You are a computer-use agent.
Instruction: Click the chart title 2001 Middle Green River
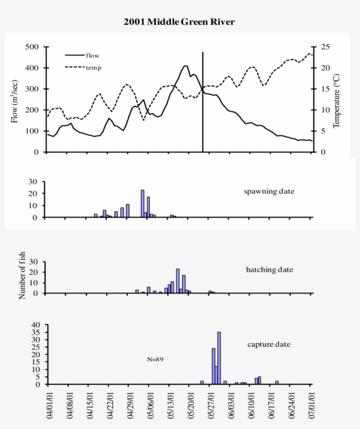pyautogui.click(x=179, y=22)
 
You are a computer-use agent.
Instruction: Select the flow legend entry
pyautogui.click(x=92, y=55)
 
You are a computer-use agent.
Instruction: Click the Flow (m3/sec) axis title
pyautogui.click(x=15, y=100)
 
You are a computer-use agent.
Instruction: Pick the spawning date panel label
pyautogui.click(x=269, y=191)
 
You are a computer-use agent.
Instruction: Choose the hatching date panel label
pyautogui.click(x=269, y=270)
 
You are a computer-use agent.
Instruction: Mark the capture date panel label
pyautogui.click(x=269, y=344)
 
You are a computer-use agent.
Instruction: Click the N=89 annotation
pyautogui.click(x=155, y=359)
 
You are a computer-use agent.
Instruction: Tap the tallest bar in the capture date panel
pyautogui.click(x=219, y=358)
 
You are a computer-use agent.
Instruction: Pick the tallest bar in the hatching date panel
pyautogui.click(x=178, y=281)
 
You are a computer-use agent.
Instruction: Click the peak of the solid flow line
pyautogui.click(x=185, y=66)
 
